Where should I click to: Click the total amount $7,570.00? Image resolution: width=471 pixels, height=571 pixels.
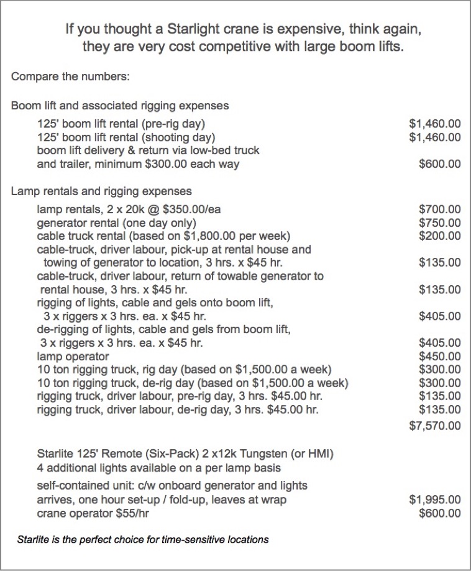tap(435, 426)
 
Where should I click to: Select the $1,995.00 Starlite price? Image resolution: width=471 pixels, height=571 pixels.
tap(435, 500)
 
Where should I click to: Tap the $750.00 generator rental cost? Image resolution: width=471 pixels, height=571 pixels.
tap(440, 222)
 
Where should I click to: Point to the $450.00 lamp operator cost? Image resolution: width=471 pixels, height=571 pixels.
tap(440, 356)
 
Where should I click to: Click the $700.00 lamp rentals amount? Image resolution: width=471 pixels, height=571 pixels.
tap(440, 209)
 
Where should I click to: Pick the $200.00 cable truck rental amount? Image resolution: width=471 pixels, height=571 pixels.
tap(440, 235)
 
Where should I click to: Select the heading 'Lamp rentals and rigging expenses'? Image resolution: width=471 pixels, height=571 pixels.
tap(101, 191)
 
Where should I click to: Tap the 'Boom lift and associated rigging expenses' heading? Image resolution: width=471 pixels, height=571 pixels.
tap(120, 106)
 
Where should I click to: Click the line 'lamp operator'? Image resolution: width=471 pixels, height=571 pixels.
tap(73, 356)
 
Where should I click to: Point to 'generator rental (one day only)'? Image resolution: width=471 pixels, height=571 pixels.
tap(117, 222)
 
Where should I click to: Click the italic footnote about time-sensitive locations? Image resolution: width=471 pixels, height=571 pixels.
tap(143, 539)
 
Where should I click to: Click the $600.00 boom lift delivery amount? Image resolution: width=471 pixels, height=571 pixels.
tap(440, 164)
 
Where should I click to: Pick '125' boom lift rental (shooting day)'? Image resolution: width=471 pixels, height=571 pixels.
tap(126, 137)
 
